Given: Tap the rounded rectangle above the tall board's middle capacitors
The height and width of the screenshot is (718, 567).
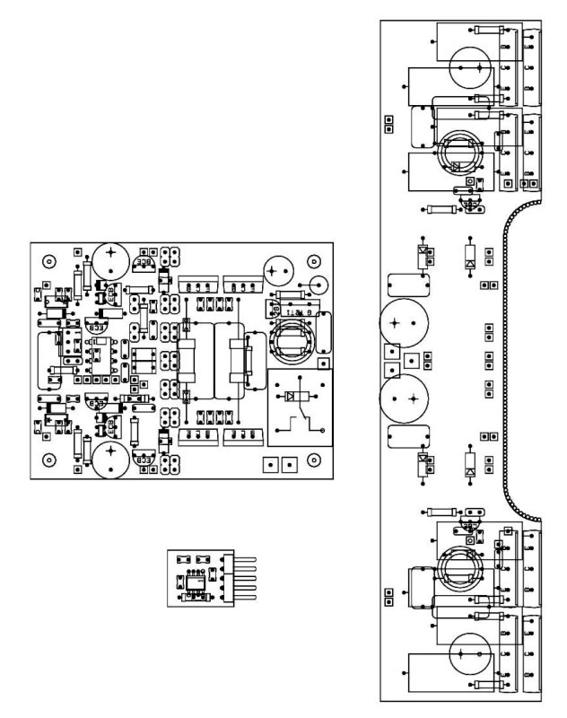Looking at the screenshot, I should coord(404,285).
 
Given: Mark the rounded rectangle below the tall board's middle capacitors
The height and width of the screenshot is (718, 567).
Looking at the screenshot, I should coord(404,437).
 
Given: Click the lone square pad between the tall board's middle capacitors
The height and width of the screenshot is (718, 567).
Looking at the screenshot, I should coord(412,361).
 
